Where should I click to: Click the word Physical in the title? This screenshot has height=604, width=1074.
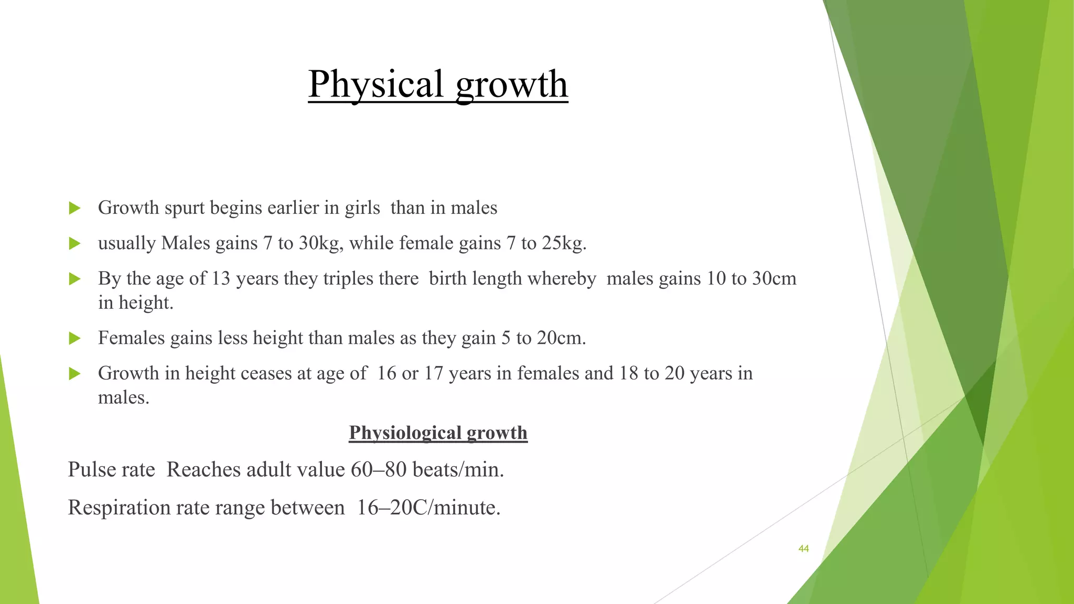[376, 84]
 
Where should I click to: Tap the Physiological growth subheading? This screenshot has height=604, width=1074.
[438, 433]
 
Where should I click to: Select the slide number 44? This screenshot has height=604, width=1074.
[803, 549]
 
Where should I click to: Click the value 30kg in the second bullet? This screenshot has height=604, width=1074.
[320, 243]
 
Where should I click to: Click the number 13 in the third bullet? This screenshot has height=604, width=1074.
[221, 278]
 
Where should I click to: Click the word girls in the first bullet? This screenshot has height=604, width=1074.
[362, 208]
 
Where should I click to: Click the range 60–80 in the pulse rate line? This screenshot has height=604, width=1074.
[379, 470]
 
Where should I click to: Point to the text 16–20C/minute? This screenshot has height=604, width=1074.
[428, 508]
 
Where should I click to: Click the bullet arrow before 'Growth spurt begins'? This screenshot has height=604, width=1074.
[74, 209]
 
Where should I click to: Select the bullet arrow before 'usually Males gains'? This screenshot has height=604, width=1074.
[74, 244]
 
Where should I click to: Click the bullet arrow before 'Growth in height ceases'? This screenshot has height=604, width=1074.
[74, 374]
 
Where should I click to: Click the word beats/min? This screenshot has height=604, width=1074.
[458, 470]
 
